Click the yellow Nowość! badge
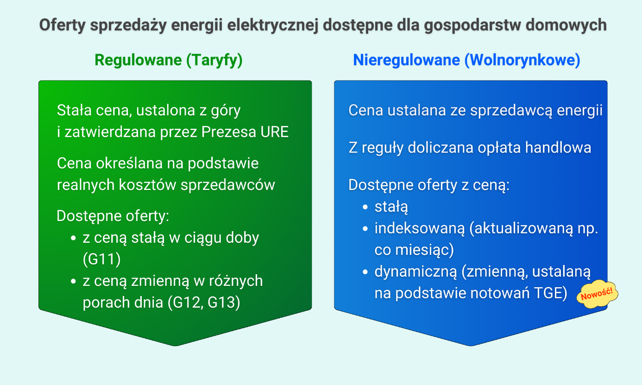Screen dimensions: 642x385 coord(597,294)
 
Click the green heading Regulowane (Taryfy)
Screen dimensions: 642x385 coord(169,60)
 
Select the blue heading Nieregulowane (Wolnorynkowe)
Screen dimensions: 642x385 coord(466,60)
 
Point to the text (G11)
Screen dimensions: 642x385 coord(102,259)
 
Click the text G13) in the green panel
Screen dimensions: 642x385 coord(224,303)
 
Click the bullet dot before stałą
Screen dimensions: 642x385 coord(365,207)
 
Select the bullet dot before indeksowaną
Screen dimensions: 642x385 coord(365,229)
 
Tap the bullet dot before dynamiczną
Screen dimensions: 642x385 coord(365,272)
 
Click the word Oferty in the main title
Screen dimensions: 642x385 coord(62,25)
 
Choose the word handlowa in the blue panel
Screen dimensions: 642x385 coord(558,148)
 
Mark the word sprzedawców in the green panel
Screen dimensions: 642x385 coord(227,185)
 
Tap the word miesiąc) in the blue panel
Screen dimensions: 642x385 coord(424,250)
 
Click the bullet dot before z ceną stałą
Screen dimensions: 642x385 coord(73,238)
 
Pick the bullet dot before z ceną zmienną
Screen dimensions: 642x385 coord(73,281)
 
